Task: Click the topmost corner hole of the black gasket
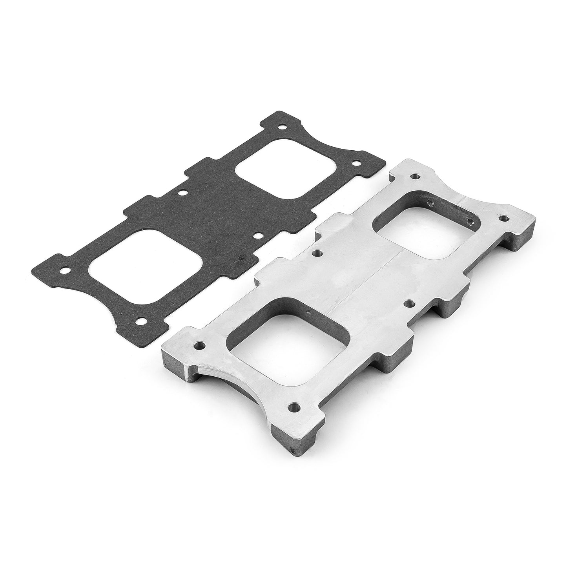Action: pyautogui.click(x=281, y=127)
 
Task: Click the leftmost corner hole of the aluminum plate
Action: pyautogui.click(x=200, y=346)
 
